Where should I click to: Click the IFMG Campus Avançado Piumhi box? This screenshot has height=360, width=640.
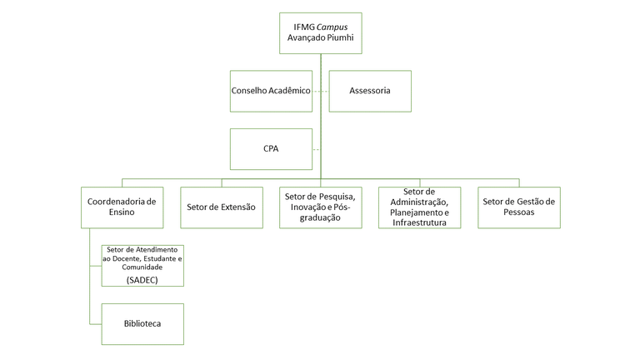tap(320, 33)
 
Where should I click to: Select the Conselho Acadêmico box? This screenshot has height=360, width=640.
tap(271, 91)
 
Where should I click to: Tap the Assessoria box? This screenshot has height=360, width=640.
tap(370, 91)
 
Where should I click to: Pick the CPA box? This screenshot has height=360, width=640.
tap(271, 149)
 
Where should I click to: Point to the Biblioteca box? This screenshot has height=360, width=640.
tap(142, 323)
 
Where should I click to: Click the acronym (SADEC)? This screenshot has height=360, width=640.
tap(142, 280)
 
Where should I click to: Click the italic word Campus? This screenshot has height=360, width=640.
tap(332, 27)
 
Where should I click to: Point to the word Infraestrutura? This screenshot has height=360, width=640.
tap(419, 222)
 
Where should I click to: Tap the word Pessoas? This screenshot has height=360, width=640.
tap(518, 212)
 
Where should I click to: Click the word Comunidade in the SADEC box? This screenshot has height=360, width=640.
tap(142, 267)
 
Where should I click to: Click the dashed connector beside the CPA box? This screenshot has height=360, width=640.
tap(316, 149)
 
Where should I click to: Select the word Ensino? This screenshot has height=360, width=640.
tap(122, 212)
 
